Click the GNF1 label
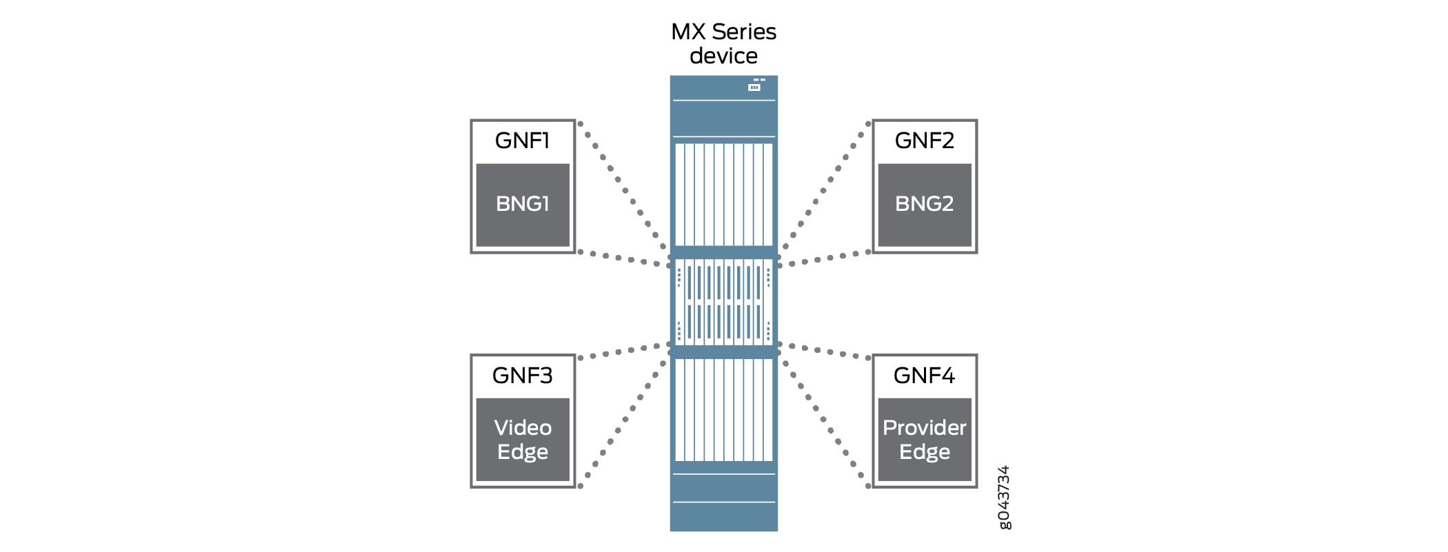(x=522, y=141)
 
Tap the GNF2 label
(x=924, y=141)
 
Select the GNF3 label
(x=522, y=376)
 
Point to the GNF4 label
(x=924, y=376)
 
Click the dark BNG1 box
(x=523, y=205)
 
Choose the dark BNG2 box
(x=924, y=205)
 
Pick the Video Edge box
(x=523, y=440)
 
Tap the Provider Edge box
(x=924, y=440)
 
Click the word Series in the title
(x=744, y=32)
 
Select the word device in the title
(x=723, y=56)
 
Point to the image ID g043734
(x=1005, y=497)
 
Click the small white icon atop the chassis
(x=756, y=85)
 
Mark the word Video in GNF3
(x=523, y=428)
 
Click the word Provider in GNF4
(x=924, y=428)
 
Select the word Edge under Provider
(x=924, y=452)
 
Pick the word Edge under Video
(x=523, y=452)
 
